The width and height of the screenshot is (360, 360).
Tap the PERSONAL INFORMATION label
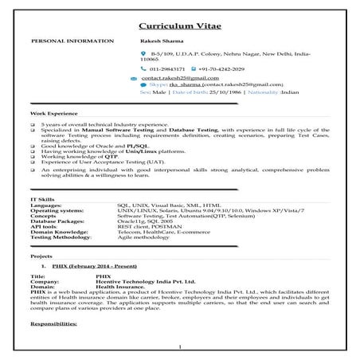(65, 39)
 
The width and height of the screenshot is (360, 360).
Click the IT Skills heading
(44, 198)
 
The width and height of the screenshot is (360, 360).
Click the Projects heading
(41, 256)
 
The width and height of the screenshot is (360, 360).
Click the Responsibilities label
(57, 324)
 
